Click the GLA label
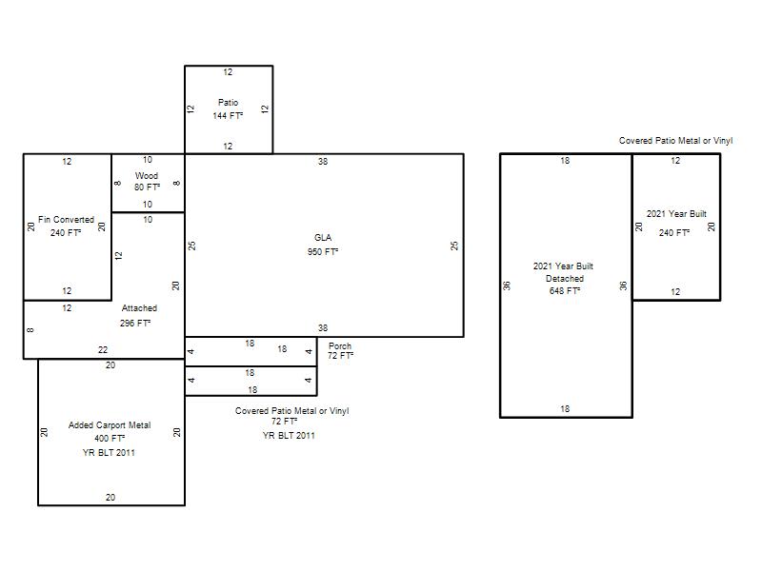point(323,237)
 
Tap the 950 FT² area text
point(323,251)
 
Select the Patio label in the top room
point(228,103)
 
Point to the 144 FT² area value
point(228,115)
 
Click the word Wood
point(147,175)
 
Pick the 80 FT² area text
point(147,187)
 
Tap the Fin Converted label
point(66,220)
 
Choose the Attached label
point(139,307)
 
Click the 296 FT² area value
point(135,323)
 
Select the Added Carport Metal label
point(110,424)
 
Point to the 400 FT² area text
point(110,439)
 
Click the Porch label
point(340,345)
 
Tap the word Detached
point(565,279)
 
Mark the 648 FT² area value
point(565,291)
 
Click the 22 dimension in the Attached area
point(103,349)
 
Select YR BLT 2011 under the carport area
point(109,453)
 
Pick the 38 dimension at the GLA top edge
point(323,161)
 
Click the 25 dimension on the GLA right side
point(454,246)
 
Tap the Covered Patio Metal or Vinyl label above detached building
point(675,140)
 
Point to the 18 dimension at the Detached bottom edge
point(565,409)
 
